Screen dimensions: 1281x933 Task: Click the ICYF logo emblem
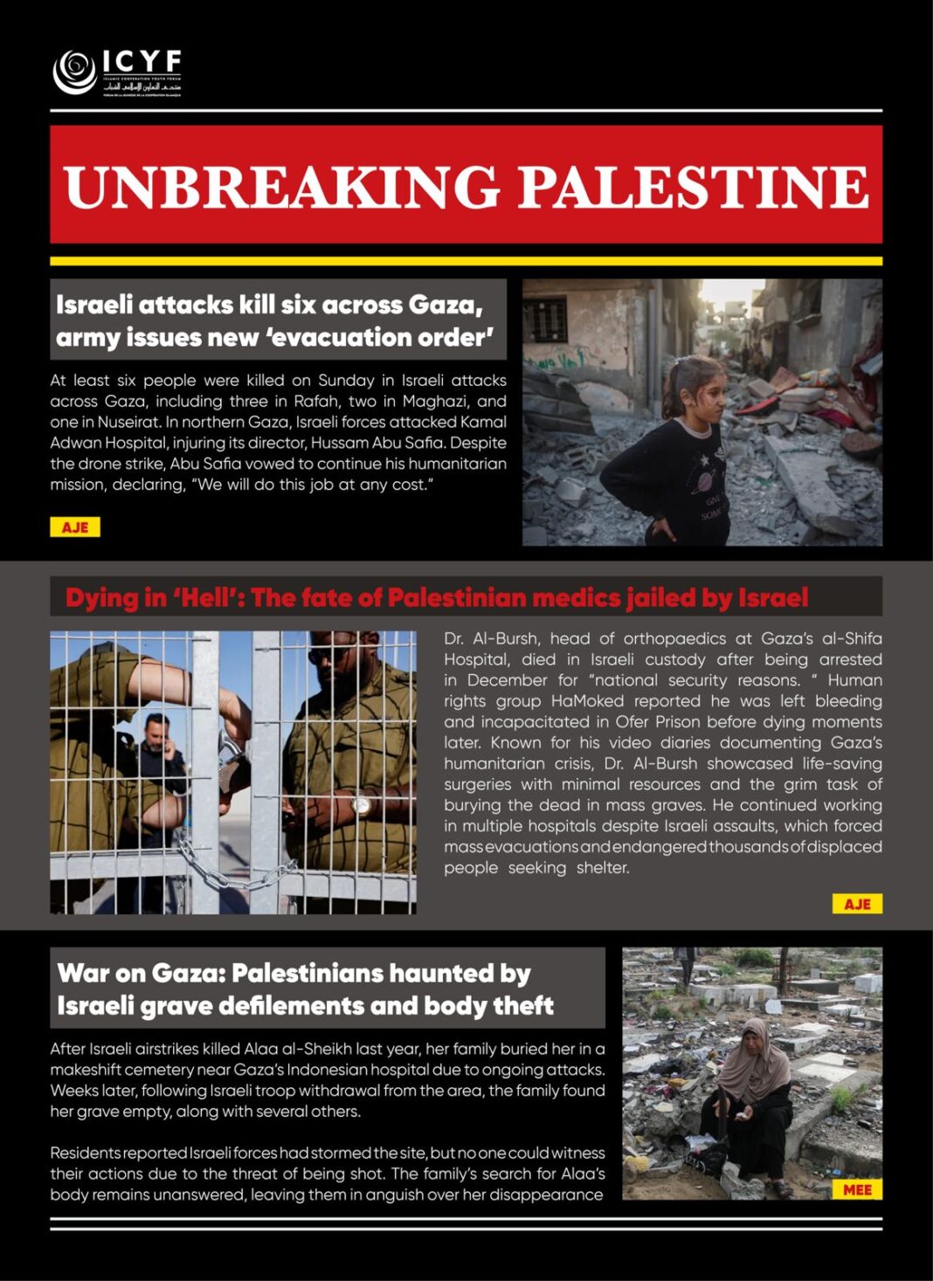pos(74,72)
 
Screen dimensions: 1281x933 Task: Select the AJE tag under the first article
pos(75,527)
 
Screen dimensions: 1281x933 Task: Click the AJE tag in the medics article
pos(857,904)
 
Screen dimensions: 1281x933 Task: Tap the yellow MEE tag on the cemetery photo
pos(857,1189)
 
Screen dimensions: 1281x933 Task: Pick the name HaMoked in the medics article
pos(587,701)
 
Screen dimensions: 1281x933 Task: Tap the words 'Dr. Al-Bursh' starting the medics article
pos(490,639)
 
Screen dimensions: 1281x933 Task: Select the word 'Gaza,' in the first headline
pos(445,305)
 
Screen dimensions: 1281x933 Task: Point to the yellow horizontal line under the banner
pos(466,261)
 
